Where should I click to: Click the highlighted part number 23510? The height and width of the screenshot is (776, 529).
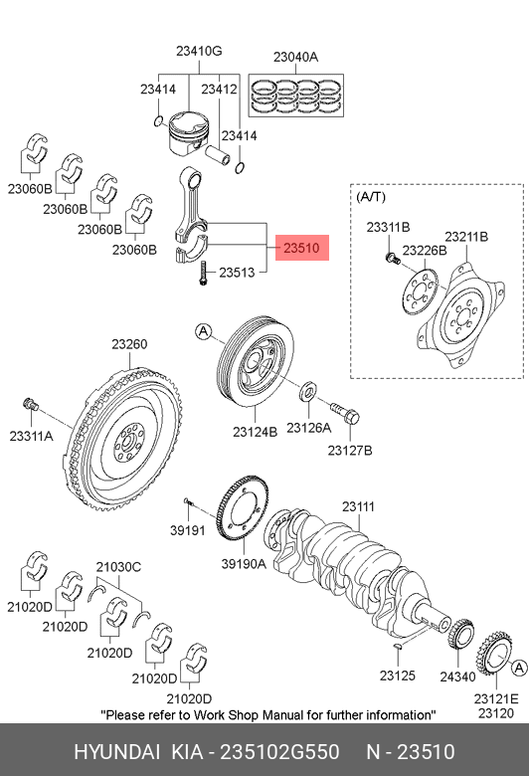(x=302, y=248)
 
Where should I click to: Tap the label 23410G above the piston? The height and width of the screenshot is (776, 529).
(x=199, y=51)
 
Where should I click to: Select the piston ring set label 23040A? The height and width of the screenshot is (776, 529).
(x=295, y=58)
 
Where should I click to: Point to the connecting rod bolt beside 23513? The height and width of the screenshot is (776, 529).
(x=203, y=273)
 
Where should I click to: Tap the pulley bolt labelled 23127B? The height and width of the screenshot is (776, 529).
(x=344, y=413)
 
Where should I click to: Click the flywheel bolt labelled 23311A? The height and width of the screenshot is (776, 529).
(x=31, y=404)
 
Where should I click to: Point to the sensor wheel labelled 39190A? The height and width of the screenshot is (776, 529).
(x=243, y=509)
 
